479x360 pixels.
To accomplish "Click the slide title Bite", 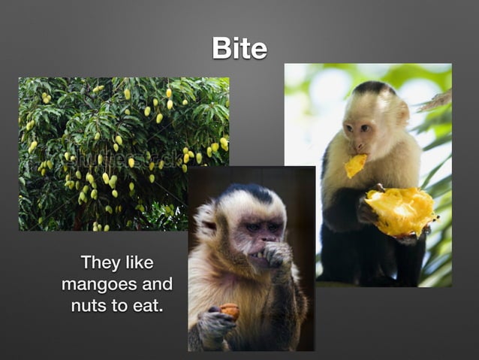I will (x=239, y=48).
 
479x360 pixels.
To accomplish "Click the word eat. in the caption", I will (x=146, y=307).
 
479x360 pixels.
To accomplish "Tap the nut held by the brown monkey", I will (x=230, y=310).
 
